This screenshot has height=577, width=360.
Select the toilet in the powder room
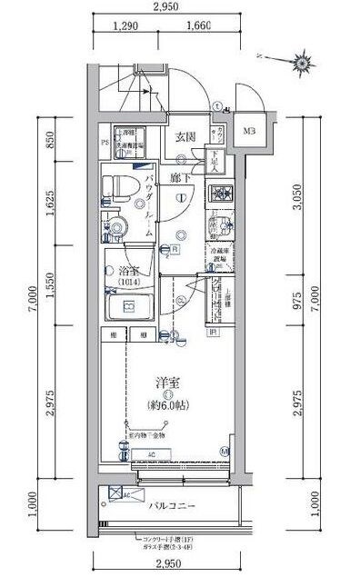point(115,188)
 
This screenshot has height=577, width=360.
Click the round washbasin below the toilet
point(117,227)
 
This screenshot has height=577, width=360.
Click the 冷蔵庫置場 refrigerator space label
point(219,256)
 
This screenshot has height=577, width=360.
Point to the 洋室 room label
point(165,383)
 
